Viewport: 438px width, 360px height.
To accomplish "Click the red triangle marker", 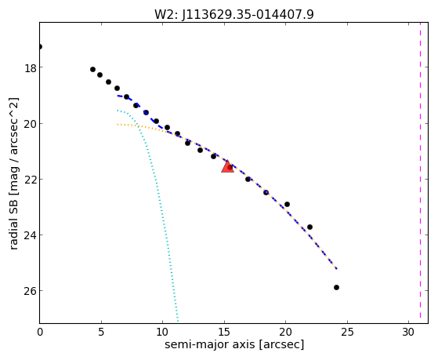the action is point(227,166).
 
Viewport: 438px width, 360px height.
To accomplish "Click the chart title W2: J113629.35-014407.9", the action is point(234,15).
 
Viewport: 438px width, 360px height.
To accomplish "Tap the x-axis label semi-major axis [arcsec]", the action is point(234,344).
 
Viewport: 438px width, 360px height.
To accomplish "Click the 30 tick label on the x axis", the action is point(408,332).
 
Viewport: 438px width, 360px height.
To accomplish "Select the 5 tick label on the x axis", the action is point(101,332).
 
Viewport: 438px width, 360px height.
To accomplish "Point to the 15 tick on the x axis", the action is point(224,332).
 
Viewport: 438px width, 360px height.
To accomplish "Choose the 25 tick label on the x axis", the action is point(347,332).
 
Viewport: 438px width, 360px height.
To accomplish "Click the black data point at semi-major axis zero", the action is point(40,46).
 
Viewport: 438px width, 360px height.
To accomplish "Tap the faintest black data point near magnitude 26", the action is point(336,287).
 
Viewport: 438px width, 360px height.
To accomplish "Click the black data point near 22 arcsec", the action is point(309,227).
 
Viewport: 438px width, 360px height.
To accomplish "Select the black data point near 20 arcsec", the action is point(287,204).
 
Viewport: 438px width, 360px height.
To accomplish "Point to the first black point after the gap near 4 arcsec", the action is point(92,69).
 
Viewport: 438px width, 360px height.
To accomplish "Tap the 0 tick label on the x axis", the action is point(40,332).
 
